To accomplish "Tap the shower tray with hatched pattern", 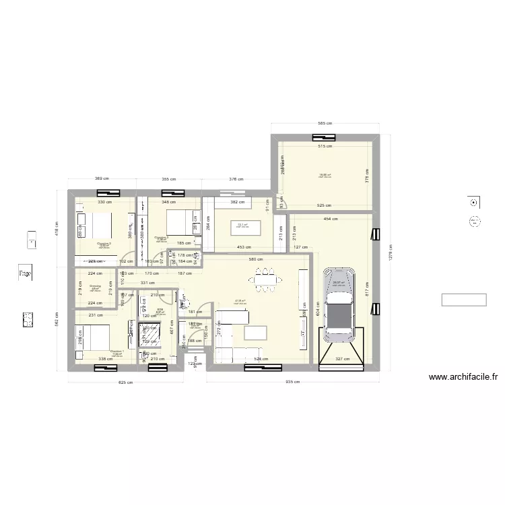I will [x=149, y=335].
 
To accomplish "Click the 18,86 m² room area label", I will [x=325, y=175].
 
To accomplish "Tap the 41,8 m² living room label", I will [x=239, y=301].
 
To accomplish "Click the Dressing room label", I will [x=95, y=286].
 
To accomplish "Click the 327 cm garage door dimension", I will [x=343, y=360].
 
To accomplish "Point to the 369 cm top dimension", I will [x=102, y=179].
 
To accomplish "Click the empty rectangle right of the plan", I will [x=463, y=300].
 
